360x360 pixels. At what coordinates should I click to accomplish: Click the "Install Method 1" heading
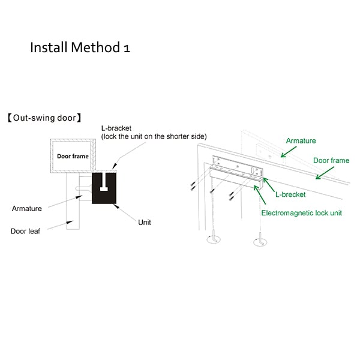pyautogui.click(x=80, y=47)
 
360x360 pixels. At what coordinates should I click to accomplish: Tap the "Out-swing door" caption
pyautogui.click(x=44, y=118)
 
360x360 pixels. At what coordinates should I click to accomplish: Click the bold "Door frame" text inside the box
pyautogui.click(x=73, y=156)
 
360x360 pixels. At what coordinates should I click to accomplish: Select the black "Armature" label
pyautogui.click(x=27, y=208)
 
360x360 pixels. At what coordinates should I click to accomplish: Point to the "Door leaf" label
pyautogui.click(x=25, y=231)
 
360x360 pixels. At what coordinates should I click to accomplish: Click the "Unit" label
pyautogui.click(x=145, y=222)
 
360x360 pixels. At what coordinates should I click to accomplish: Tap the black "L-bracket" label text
pyautogui.click(x=116, y=128)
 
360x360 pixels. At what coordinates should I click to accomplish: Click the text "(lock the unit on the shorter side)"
pyautogui.click(x=154, y=136)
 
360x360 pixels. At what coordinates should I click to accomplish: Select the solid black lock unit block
pyautogui.click(x=104, y=188)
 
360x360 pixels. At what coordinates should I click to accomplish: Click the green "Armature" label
pyautogui.click(x=301, y=140)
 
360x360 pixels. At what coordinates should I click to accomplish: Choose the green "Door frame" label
pyautogui.click(x=331, y=160)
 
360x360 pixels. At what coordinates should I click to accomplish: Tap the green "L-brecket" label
pyautogui.click(x=290, y=194)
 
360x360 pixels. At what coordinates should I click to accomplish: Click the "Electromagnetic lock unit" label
pyautogui.click(x=302, y=213)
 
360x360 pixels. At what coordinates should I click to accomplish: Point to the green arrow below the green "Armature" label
pyautogui.click(x=289, y=152)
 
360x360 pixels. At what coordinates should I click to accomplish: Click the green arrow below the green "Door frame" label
pyautogui.click(x=325, y=173)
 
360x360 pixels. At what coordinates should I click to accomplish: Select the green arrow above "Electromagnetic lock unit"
pyautogui.click(x=260, y=194)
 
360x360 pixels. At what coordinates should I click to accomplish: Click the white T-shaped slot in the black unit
pyautogui.click(x=104, y=182)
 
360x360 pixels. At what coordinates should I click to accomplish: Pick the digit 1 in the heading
pyautogui.click(x=127, y=49)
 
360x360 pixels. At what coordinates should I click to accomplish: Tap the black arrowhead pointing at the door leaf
pyautogui.click(x=70, y=222)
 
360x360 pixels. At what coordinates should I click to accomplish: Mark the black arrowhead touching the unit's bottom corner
pyautogui.click(x=116, y=206)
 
